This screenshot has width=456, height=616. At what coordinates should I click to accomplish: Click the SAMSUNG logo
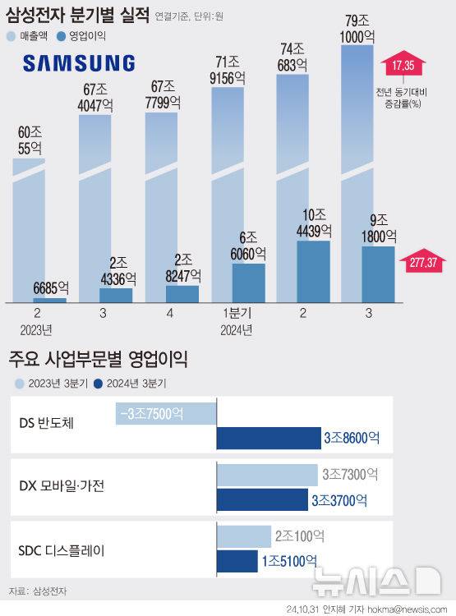pos(79,63)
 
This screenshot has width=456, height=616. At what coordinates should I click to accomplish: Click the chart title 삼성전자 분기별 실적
pos(78,15)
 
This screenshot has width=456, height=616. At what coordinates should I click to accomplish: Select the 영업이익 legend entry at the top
pos(88,36)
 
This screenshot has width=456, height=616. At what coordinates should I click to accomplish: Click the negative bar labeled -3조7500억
pos(165,414)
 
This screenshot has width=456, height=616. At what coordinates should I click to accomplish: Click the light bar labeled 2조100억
pos(244,536)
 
